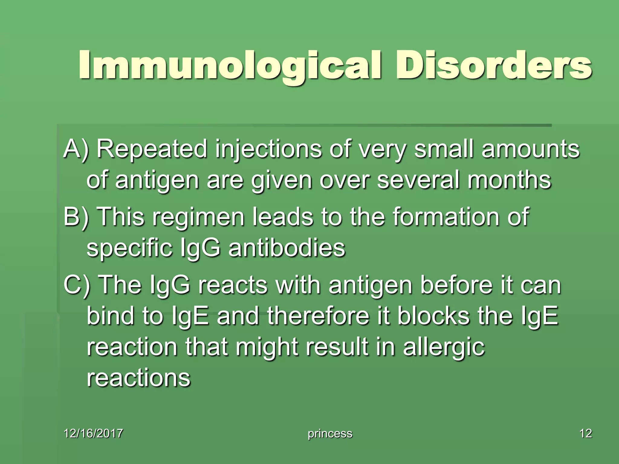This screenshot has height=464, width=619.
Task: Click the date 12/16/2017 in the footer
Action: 93,433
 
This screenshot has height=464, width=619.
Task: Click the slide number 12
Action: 585,433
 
